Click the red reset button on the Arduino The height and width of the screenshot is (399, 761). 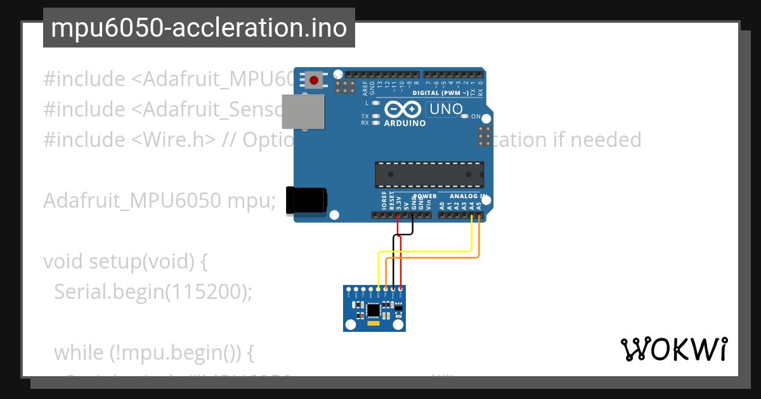point(314,80)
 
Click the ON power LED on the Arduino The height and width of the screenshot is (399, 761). point(465,117)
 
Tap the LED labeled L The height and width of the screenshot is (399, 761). point(376,103)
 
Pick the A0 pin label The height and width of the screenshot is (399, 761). point(442,205)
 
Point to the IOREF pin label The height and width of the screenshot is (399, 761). point(384,201)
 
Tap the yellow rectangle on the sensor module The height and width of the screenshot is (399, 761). point(373,324)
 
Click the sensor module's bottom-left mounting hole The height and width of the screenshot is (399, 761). point(350,325)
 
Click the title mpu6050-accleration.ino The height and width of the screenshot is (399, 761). point(198,28)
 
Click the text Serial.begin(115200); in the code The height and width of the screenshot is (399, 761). point(153,291)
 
